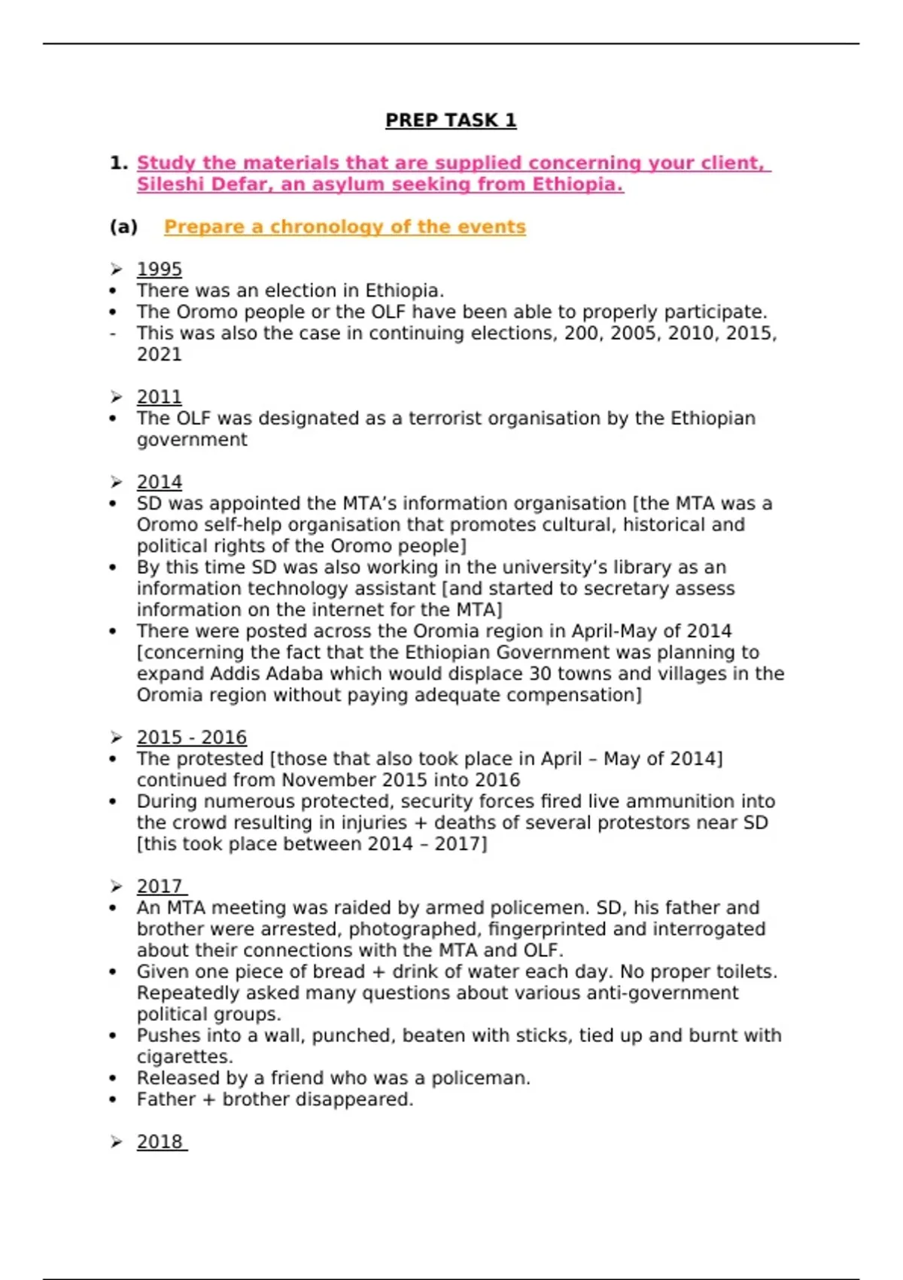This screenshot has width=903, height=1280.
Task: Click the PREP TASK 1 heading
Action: pyautogui.click(x=451, y=120)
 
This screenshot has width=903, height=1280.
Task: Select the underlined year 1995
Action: pyautogui.click(x=159, y=270)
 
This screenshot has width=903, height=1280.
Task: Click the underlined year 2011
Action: pyautogui.click(x=159, y=397)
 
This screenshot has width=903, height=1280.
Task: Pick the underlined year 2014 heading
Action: pyautogui.click(x=159, y=482)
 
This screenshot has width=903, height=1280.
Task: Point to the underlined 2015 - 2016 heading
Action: pyautogui.click(x=191, y=737)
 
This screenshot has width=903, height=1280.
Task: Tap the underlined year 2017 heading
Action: pyautogui.click(x=160, y=886)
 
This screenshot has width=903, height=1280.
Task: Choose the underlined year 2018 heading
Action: pyautogui.click(x=160, y=1141)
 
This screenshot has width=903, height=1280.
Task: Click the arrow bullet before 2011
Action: pyautogui.click(x=116, y=397)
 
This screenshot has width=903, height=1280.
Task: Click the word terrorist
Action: pyautogui.click(x=446, y=419)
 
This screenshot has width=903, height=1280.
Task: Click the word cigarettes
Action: pyautogui.click(x=184, y=1056)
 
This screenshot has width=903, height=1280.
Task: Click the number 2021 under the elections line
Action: pyautogui.click(x=159, y=355)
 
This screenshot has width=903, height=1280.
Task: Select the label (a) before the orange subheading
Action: pyautogui.click(x=123, y=227)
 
